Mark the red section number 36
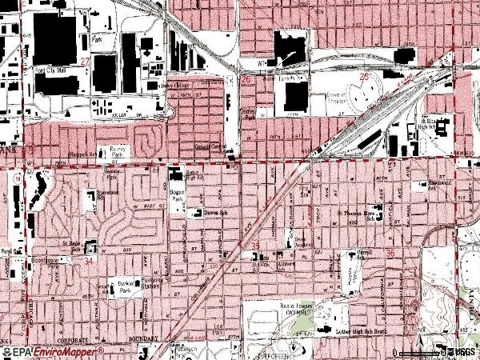coord(390,254)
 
